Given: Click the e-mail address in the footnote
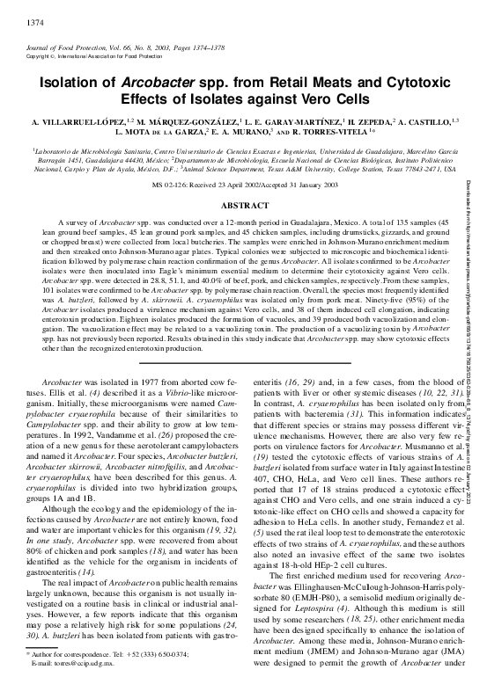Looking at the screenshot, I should [70, 664].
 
